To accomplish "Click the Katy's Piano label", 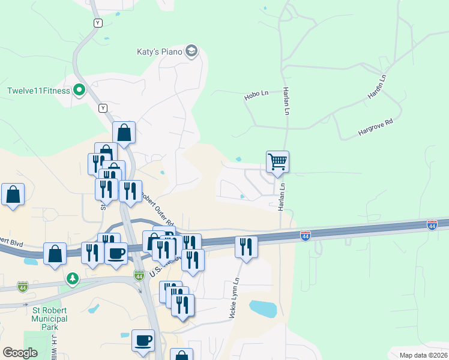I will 158,52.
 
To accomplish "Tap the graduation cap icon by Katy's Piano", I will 191,51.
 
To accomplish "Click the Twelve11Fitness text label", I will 38,91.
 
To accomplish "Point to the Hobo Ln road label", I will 256,95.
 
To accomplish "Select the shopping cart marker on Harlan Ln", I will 277,161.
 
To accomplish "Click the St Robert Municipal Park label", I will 49,319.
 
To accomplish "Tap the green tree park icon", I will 73,279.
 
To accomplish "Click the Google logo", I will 20,353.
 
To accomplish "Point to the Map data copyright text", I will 423,355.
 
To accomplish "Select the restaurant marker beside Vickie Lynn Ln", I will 246,246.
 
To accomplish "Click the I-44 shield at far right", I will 432,224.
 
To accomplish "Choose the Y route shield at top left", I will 98,23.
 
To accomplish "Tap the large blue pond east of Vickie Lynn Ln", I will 263,308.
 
